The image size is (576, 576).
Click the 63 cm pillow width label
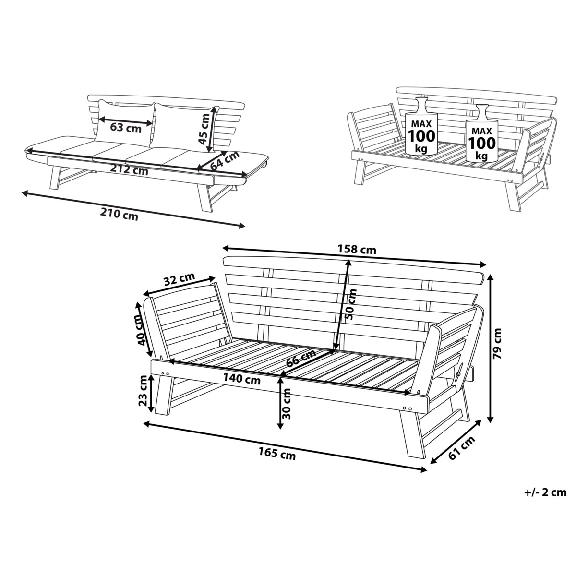point(126,128)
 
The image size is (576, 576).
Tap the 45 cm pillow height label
point(204,130)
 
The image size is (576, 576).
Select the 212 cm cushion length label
point(129,169)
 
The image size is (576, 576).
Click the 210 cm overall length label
point(119,214)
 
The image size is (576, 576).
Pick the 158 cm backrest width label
point(357,249)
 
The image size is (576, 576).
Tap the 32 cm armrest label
point(180,279)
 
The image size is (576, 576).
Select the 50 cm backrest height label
point(351,304)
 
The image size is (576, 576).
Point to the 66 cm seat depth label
point(300,358)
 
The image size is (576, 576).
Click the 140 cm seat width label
point(241,379)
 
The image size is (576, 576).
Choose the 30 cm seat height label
point(287,404)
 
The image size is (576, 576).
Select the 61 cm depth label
point(462,448)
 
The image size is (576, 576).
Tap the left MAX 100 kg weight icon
point(421,126)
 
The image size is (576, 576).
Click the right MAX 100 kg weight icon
point(482,133)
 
